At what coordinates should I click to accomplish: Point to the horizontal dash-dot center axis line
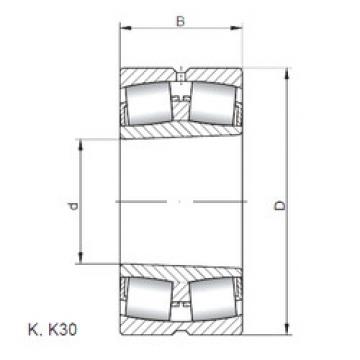coord(181,202)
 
